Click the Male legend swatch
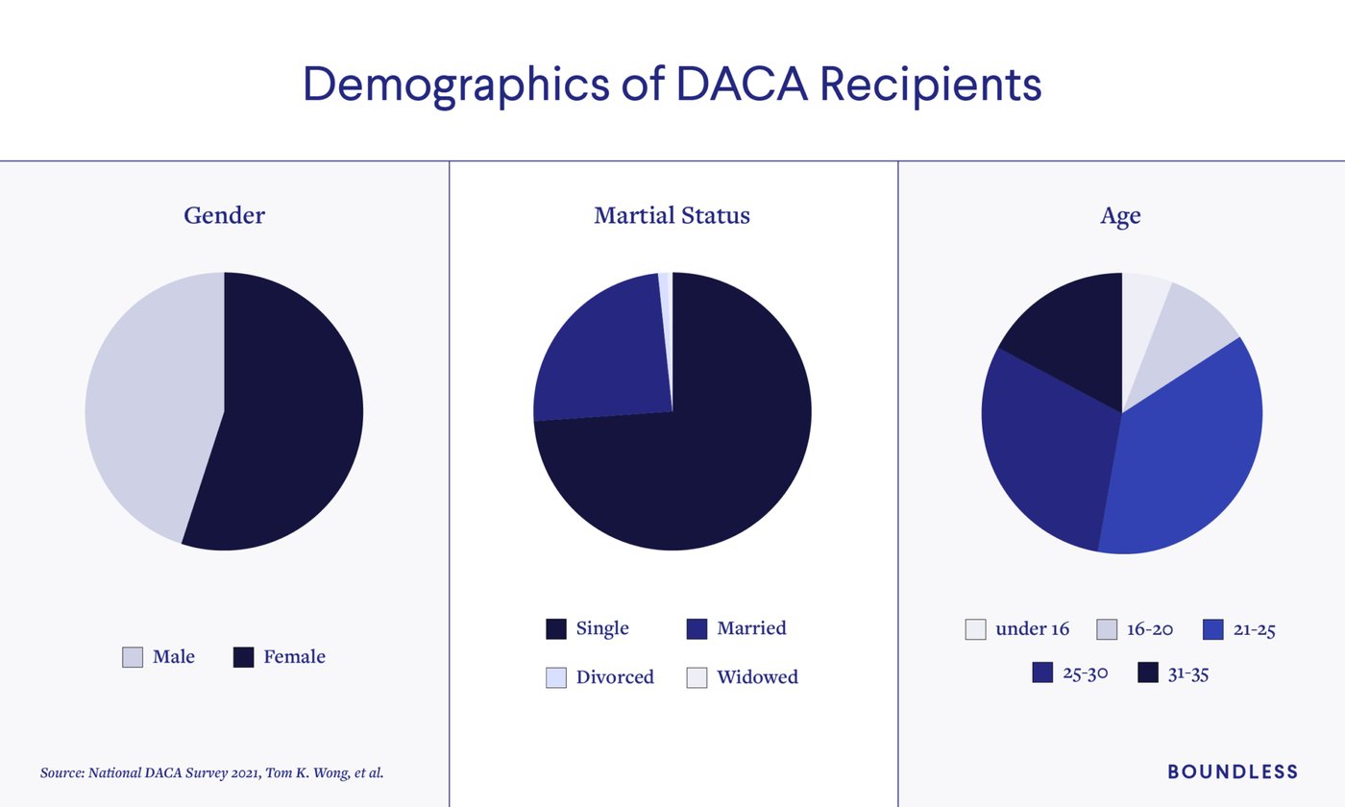pyautogui.click(x=133, y=657)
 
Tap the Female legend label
pyautogui.click(x=294, y=657)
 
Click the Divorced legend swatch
pyautogui.click(x=556, y=677)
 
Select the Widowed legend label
pyautogui.click(x=757, y=677)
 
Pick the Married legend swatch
pyautogui.click(x=697, y=629)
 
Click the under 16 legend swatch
pyautogui.click(x=975, y=630)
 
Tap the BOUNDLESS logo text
pyautogui.click(x=1233, y=771)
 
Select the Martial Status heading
pyautogui.click(x=672, y=215)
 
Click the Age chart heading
pyautogui.click(x=1120, y=215)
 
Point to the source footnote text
pyautogui.click(x=211, y=772)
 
